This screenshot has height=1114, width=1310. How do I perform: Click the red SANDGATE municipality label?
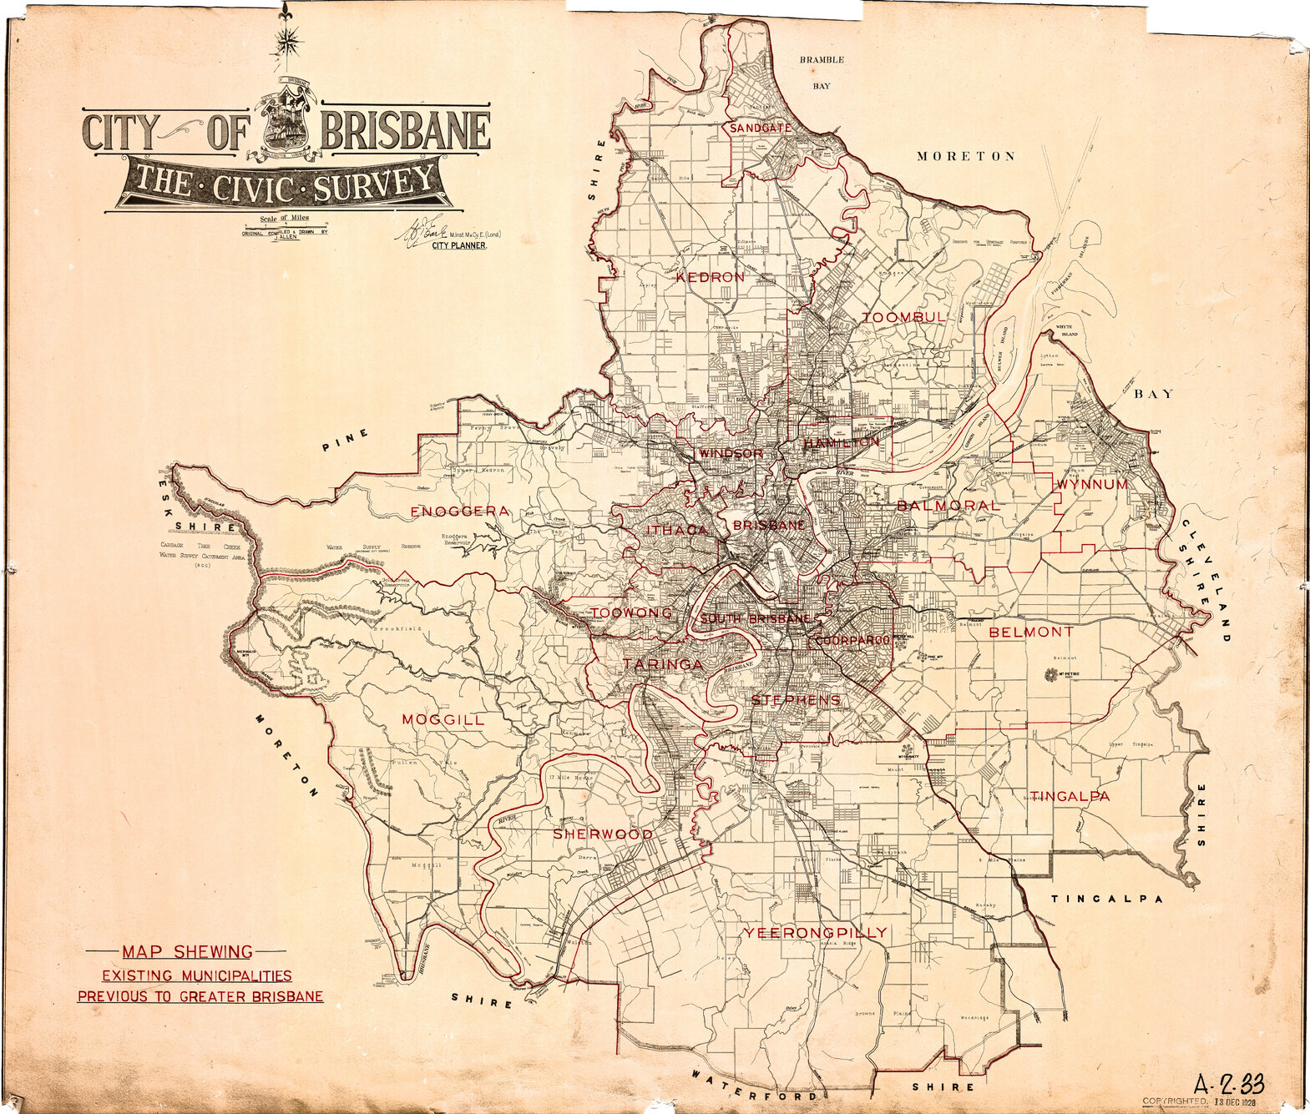click(761, 128)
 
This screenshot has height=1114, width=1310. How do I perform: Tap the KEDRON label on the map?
click(710, 277)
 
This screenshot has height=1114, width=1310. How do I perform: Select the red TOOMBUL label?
click(904, 318)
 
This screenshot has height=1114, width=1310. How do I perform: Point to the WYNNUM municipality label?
click(1092, 485)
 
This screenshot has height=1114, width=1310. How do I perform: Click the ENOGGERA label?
click(459, 511)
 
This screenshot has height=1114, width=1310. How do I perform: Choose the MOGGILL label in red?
click(443, 719)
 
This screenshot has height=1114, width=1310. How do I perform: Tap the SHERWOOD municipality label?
click(602, 834)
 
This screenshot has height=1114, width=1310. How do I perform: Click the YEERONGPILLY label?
click(816, 932)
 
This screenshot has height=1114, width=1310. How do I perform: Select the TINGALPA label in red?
click(1070, 796)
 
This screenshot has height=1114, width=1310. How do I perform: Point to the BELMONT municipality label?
click(1031, 632)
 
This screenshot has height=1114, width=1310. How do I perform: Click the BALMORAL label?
click(948, 506)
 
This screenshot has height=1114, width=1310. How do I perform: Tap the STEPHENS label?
click(796, 700)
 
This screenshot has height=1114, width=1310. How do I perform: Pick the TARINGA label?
click(663, 665)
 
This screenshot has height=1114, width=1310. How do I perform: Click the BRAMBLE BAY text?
click(822, 73)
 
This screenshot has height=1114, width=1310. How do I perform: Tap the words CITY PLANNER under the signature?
click(458, 247)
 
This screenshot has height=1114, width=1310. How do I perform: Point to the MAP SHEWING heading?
click(187, 951)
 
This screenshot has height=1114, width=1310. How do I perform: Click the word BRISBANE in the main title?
click(406, 130)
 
